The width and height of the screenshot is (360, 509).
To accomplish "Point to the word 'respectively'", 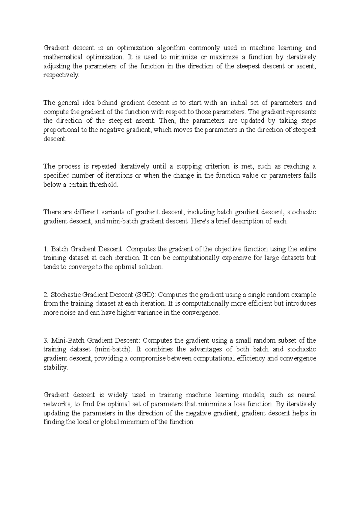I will [61, 75].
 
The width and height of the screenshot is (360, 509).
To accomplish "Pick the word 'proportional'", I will [61, 130].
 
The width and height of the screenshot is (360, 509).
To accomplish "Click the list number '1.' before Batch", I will [46, 249].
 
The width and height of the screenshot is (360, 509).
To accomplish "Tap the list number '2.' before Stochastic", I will [46, 295].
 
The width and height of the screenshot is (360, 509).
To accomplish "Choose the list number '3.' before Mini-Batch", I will [46, 341].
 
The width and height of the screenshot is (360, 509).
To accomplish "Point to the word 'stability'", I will [55, 368].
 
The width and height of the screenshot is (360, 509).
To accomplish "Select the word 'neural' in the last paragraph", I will [307, 395].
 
